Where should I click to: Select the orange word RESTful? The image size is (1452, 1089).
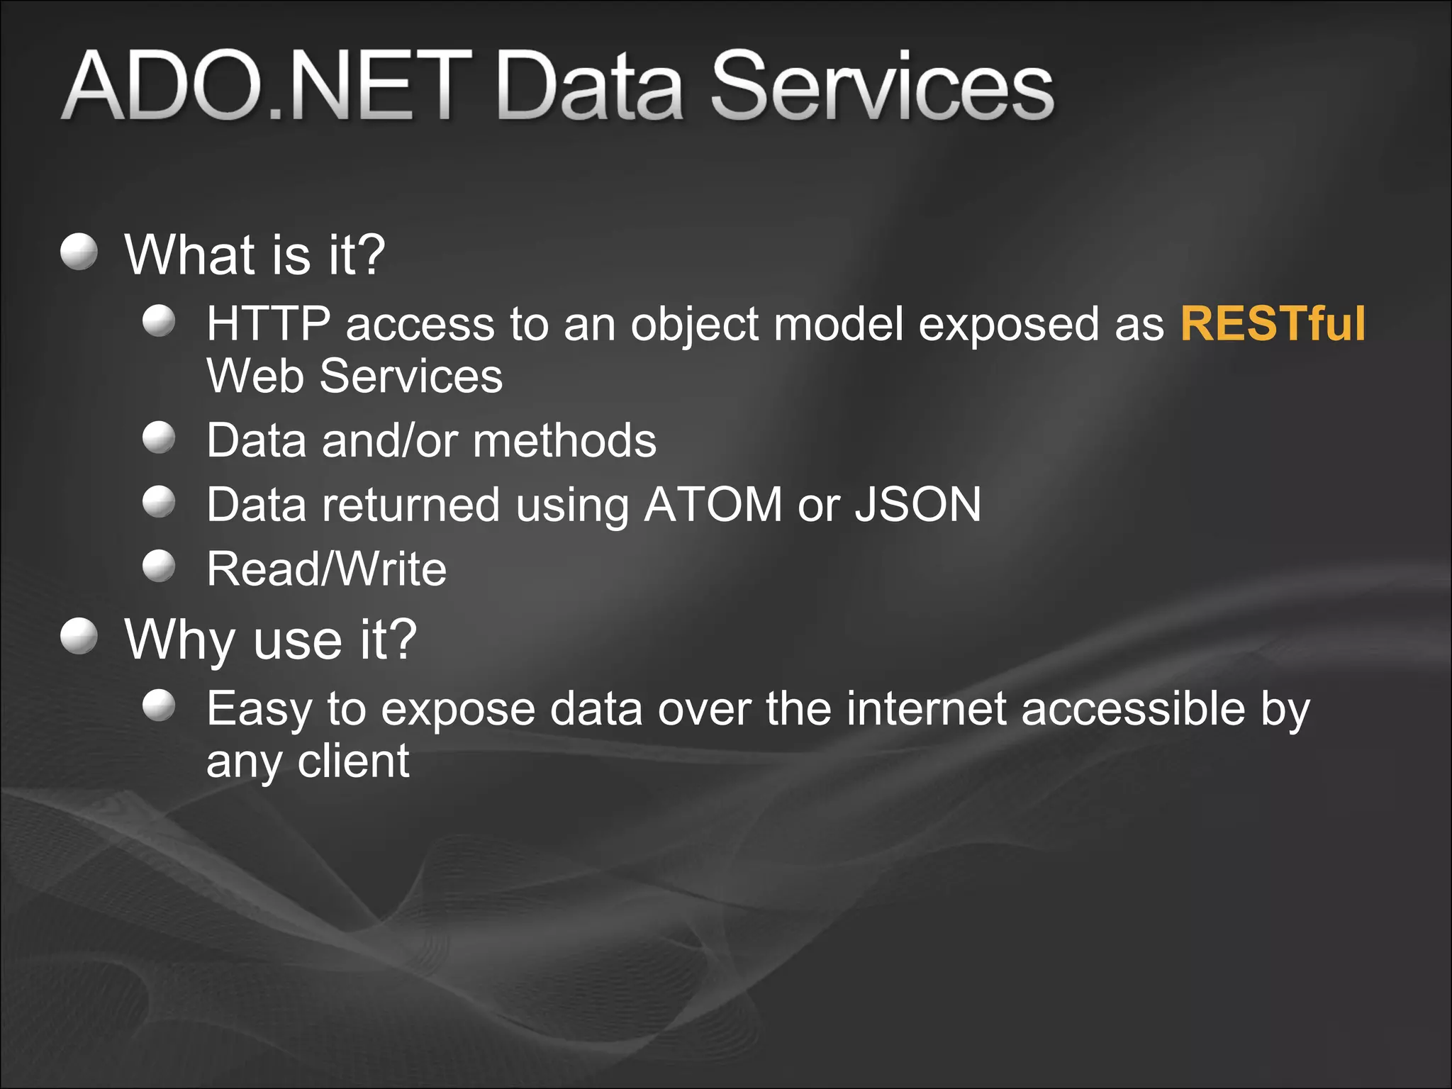pos(1273,324)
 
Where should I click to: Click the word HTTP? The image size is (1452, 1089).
pos(268,324)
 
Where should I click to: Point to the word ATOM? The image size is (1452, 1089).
pos(713,505)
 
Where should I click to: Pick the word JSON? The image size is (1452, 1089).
pos(918,505)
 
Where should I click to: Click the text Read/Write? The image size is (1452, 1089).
pos(326,569)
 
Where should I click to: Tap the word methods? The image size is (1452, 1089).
pos(564,441)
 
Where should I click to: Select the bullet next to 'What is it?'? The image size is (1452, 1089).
pos(79,252)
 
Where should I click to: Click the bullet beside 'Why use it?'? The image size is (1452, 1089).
pos(79,636)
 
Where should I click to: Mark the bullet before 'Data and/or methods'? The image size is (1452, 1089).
pos(159,437)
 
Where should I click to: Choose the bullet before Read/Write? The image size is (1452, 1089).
pos(159,566)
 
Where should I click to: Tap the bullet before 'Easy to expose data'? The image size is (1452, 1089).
pos(159,705)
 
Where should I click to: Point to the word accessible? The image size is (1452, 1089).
pos(1133,708)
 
